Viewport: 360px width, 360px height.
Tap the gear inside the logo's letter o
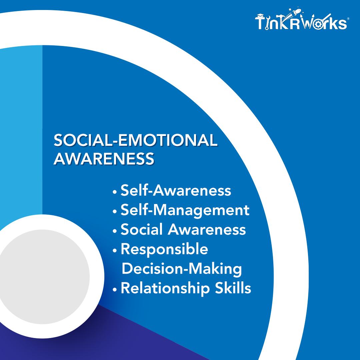point(318,24)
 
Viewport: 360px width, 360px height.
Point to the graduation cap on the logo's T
point(260,16)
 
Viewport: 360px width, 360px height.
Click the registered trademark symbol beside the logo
point(348,19)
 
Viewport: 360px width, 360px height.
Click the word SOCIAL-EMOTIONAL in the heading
point(135,140)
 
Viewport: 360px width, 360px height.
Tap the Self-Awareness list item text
point(176,190)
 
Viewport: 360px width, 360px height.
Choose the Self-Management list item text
point(185,210)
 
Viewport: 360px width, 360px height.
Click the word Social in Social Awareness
point(141,229)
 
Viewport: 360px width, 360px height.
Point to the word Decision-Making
point(182,269)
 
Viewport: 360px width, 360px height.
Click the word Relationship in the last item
point(165,288)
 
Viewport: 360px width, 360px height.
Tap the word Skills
point(233,288)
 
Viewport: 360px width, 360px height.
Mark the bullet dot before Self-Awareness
point(115,192)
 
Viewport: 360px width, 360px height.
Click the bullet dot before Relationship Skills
point(115,290)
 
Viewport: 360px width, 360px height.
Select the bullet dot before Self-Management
point(115,212)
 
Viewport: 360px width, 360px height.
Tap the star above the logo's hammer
point(290,10)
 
